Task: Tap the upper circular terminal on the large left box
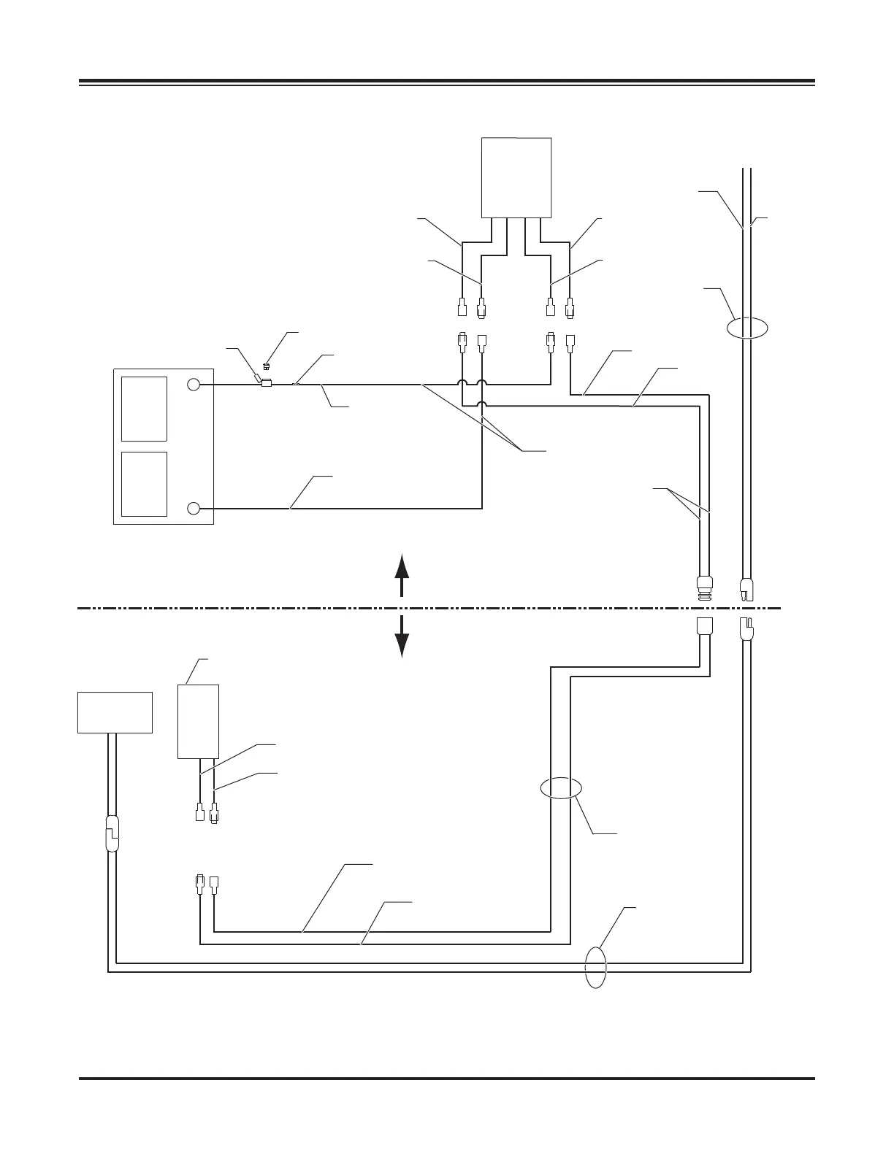194,385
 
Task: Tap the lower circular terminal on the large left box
194,508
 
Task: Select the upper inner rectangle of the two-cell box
144,409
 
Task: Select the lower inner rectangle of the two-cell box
144,484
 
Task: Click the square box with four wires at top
516,177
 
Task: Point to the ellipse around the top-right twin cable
747,328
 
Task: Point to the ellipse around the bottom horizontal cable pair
596,967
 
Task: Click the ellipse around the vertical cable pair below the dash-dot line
560,788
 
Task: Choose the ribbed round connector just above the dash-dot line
703,587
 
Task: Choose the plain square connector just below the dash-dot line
703,627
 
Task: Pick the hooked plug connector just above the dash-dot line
746,588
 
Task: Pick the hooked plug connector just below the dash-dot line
746,629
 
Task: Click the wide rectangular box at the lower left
115,712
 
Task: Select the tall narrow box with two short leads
199,722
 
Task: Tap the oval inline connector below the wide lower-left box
112,834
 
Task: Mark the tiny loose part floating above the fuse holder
267,366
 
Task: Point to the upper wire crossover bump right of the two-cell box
462,384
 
